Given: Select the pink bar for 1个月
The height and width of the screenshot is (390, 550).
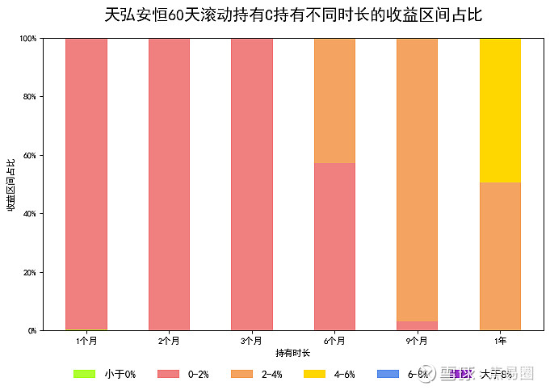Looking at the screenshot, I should (x=86, y=184).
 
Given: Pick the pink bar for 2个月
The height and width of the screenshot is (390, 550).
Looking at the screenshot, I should (x=169, y=184).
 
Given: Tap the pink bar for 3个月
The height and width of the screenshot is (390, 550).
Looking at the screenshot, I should (x=252, y=184).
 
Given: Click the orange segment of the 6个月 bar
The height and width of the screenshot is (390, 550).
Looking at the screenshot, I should (x=334, y=101).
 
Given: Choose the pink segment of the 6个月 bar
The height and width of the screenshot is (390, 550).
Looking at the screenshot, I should (x=334, y=246).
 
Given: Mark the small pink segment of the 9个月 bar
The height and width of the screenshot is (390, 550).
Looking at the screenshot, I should (x=417, y=325).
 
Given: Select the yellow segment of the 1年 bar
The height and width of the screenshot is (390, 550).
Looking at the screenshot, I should (x=500, y=111).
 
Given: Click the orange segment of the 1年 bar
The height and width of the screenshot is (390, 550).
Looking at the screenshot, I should (x=500, y=256).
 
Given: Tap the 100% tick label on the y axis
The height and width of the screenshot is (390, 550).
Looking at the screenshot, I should (x=28, y=39).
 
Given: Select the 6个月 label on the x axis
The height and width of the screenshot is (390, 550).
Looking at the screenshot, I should (x=334, y=342).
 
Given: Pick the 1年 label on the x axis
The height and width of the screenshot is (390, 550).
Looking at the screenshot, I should (x=500, y=342).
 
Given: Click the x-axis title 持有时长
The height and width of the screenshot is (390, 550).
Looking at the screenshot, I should (x=292, y=353).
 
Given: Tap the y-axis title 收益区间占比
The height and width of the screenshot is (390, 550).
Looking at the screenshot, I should (x=11, y=185).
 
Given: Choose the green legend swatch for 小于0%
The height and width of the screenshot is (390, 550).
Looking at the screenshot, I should (x=84, y=374).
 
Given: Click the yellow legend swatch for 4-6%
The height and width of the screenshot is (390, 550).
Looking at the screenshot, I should (x=315, y=374).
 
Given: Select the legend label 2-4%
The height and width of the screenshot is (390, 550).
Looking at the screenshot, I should (x=271, y=374).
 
